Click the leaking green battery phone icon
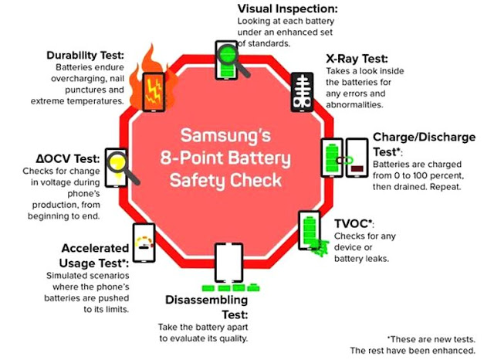(310, 236)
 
